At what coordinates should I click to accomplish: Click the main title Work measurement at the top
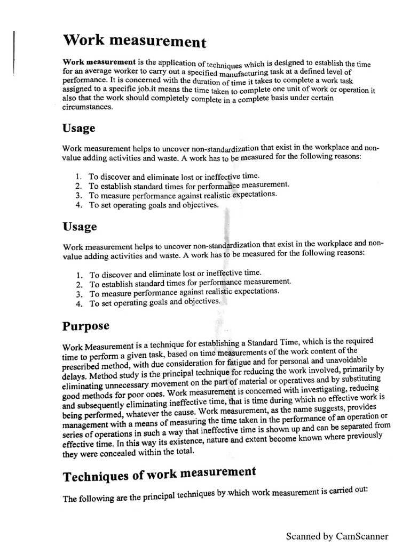tap(133, 41)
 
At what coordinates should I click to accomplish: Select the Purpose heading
tap(86, 325)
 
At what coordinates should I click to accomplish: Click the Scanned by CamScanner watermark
tap(337, 536)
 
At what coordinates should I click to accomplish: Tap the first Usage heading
tap(80, 129)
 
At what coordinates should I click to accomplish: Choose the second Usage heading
tap(80, 227)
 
